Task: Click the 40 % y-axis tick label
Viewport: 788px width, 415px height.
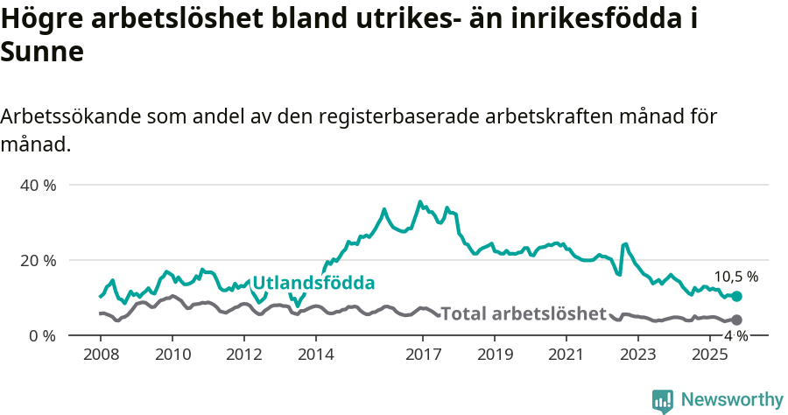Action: [38, 186]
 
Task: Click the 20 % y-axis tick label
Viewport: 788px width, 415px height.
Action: [38, 261]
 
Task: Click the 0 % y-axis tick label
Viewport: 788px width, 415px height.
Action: [41, 336]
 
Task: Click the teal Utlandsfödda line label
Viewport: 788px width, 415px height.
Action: [313, 283]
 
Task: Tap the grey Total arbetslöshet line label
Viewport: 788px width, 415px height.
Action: [523, 313]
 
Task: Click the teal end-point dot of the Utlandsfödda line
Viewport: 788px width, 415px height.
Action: [736, 297]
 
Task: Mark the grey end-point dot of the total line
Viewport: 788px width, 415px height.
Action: [736, 320]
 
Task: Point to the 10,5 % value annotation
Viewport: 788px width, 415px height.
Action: [735, 276]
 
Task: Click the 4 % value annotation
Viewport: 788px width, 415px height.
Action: [735, 336]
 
